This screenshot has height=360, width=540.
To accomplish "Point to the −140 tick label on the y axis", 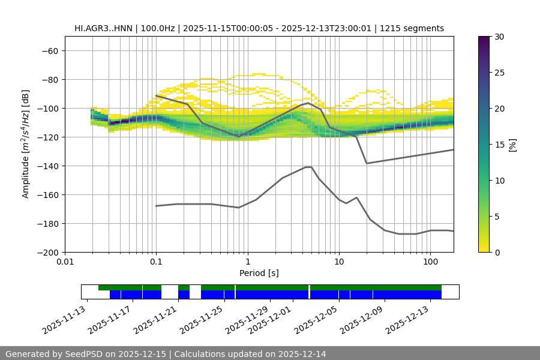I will (x=47, y=166).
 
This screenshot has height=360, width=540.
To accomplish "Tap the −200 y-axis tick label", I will (x=47, y=253).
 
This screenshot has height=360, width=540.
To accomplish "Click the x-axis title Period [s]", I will (x=259, y=274).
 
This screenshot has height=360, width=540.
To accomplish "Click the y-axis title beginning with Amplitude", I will (x=26, y=145).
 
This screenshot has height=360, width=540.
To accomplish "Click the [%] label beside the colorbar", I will (x=512, y=145).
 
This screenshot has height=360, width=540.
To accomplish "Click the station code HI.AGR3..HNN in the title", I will (x=104, y=28).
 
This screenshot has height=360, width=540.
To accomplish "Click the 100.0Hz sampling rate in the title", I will (x=158, y=28).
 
